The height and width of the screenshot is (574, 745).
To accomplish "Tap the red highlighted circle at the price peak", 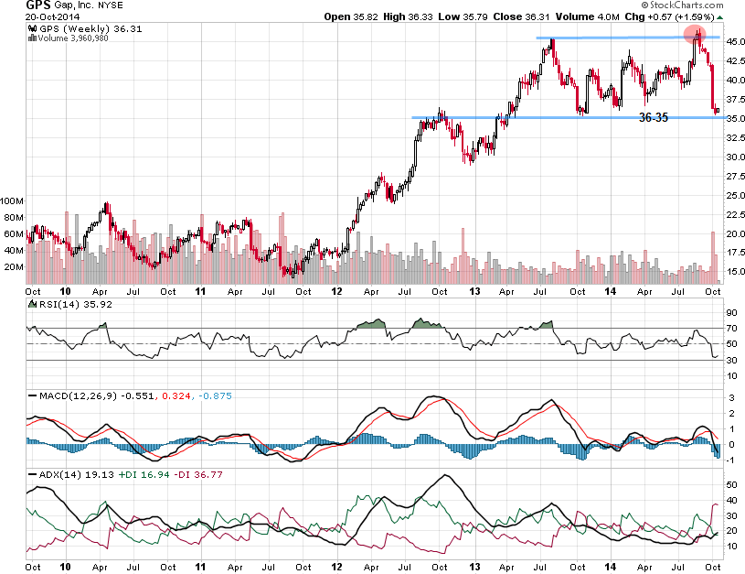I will (x=697, y=36).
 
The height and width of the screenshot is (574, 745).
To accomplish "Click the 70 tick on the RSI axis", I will (x=729, y=327).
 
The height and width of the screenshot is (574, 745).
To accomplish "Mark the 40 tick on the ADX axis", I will (x=729, y=500).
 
